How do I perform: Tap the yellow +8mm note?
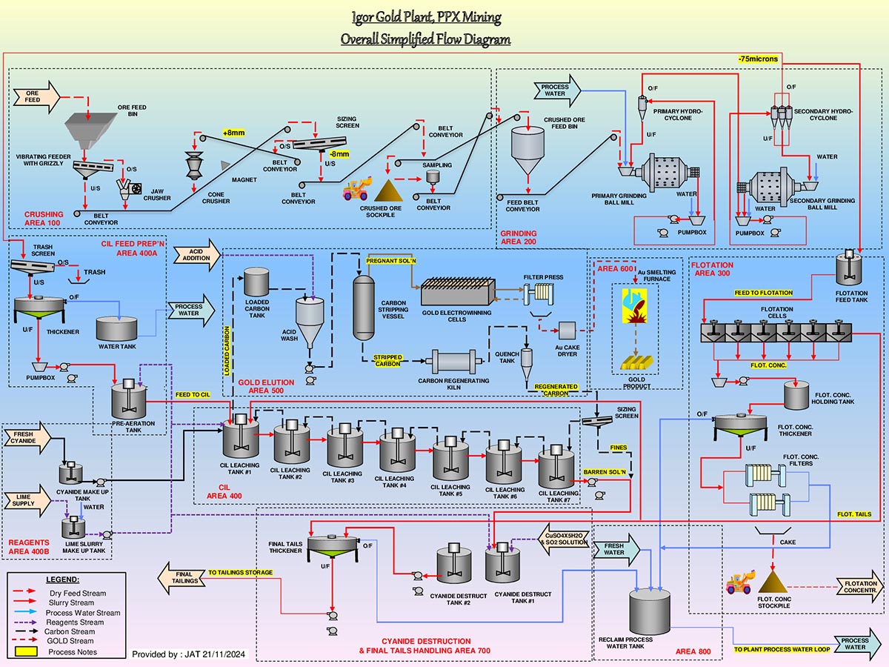(233, 133)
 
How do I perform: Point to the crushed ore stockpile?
(388, 191)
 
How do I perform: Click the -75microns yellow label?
(757, 59)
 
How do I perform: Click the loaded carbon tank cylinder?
(257, 282)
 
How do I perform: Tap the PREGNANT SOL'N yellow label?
(391, 261)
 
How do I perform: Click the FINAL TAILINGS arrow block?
(183, 578)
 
